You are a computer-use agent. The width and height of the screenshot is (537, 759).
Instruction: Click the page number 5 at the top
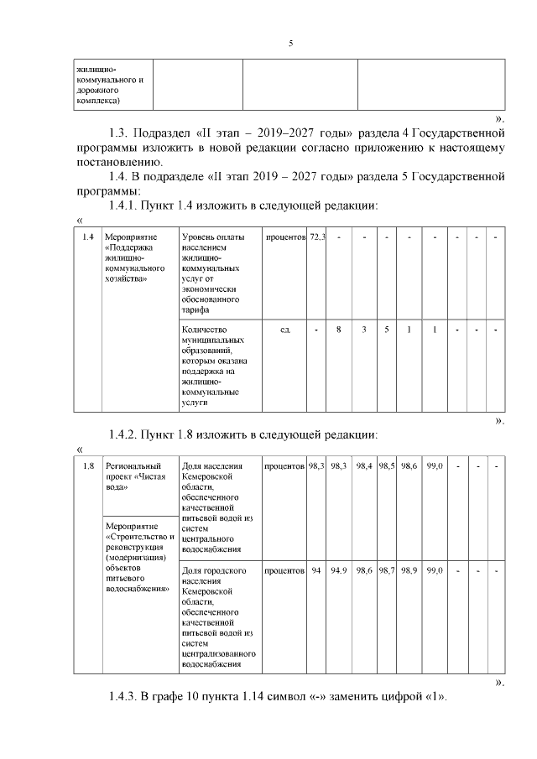point(290,44)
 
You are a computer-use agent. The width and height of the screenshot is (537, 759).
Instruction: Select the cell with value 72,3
point(317,239)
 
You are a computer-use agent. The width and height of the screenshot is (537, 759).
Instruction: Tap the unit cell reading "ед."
point(285,330)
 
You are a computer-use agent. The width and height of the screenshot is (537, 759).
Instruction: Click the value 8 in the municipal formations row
point(339,330)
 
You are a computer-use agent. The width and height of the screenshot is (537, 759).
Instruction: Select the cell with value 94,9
point(339,571)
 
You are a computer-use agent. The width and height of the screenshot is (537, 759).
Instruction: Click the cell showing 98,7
point(387,571)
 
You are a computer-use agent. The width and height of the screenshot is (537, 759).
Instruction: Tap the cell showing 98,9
point(409,571)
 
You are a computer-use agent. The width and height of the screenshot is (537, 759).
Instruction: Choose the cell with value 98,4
point(364,466)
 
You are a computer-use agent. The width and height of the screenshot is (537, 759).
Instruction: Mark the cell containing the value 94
point(316,571)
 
